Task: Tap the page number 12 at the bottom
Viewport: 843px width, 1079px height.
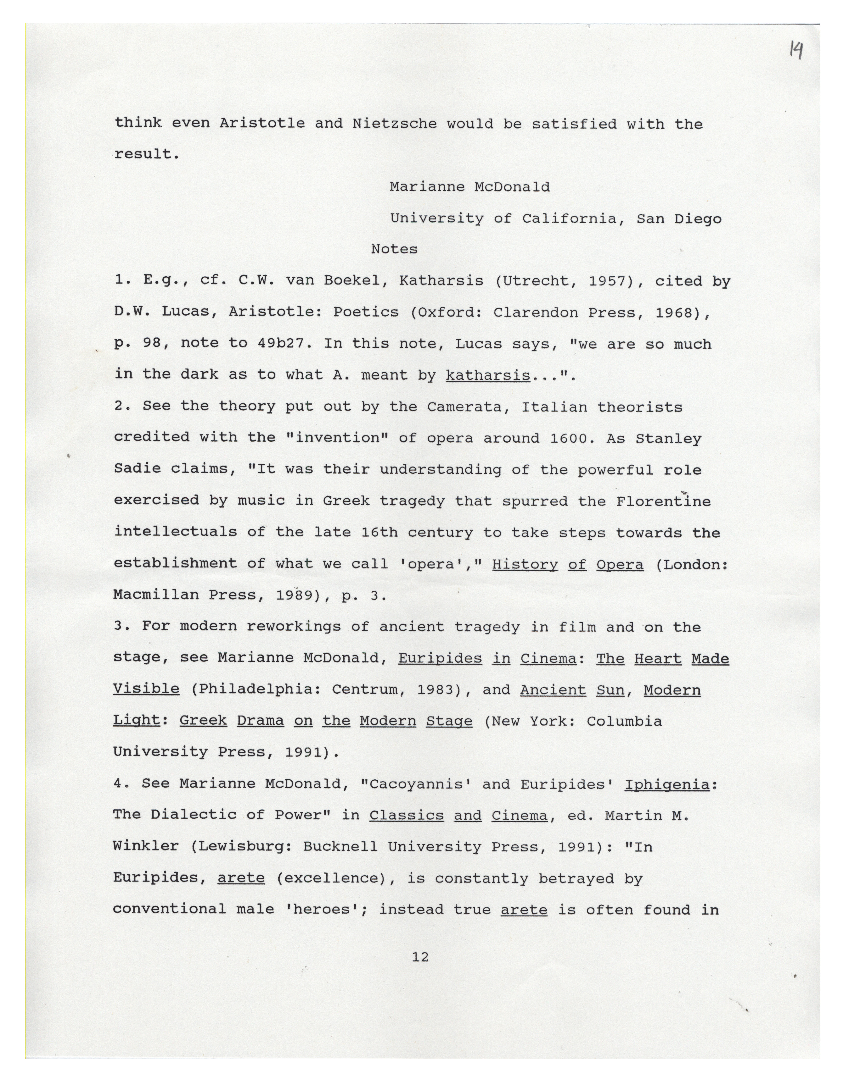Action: pyautogui.click(x=420, y=957)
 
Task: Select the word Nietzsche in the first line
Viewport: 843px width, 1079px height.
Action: pyautogui.click(x=395, y=124)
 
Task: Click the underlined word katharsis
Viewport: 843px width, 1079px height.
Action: pyautogui.click(x=487, y=375)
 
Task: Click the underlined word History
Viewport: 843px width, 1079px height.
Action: pyautogui.click(x=525, y=565)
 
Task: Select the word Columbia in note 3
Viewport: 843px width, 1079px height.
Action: pyautogui.click(x=624, y=721)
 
